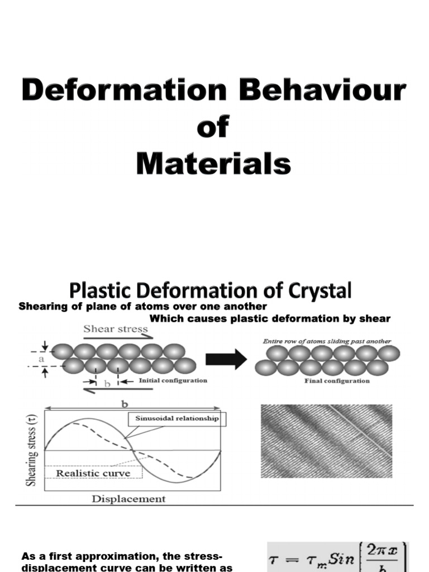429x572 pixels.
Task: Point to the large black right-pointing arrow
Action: [x=226, y=359]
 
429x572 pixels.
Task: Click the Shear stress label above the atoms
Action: [x=116, y=329]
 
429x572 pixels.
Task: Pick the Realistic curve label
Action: [x=93, y=473]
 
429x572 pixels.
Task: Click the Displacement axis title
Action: [x=128, y=499]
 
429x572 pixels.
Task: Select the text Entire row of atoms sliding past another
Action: [x=327, y=341]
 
